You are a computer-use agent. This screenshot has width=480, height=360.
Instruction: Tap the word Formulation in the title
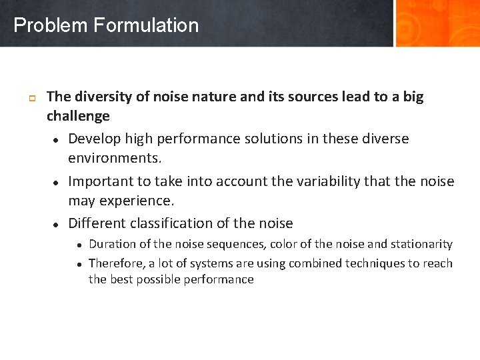[x=146, y=26]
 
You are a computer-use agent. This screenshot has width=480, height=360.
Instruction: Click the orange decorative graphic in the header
[x=437, y=23]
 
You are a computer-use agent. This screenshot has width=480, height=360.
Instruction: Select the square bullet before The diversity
[x=31, y=98]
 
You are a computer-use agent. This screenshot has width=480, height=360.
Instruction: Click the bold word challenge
[x=78, y=116]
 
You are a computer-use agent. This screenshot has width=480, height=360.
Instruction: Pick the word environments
[x=115, y=159]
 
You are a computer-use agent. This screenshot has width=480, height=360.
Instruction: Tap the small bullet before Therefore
[x=79, y=264]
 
